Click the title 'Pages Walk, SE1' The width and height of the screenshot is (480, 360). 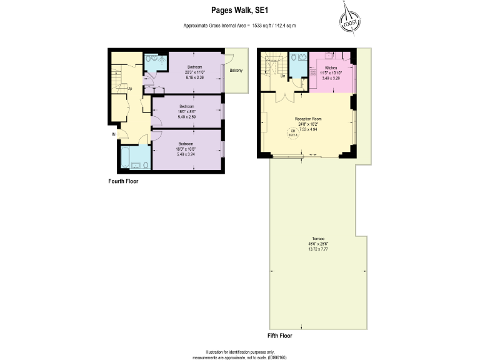239,10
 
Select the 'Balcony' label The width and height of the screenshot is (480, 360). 236,70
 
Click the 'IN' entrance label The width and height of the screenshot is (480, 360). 113,134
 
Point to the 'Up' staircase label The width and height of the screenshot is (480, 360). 129,88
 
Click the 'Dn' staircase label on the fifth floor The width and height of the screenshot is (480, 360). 282,76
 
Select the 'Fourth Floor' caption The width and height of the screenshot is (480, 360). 122,181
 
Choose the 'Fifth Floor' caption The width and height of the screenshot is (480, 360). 279,336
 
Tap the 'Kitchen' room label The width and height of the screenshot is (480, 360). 331,67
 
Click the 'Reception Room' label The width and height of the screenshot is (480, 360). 308,118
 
